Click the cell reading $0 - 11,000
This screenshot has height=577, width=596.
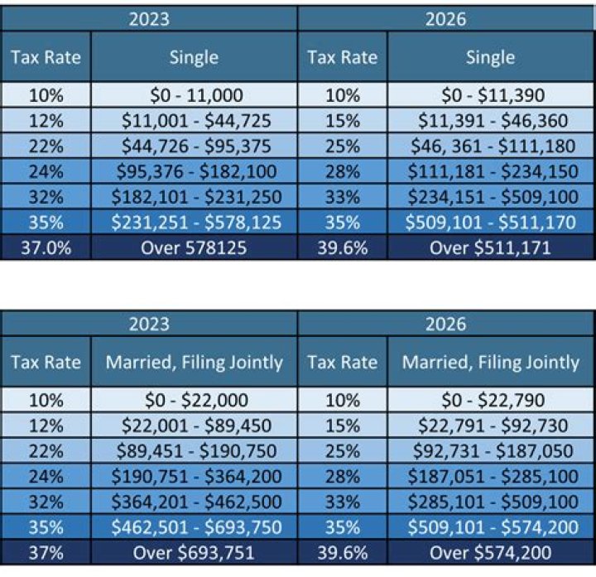(x=195, y=95)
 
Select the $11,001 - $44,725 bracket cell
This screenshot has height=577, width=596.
(x=195, y=121)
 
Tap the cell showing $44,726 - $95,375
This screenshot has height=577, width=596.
(x=195, y=147)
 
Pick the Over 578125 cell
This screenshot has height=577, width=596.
(x=195, y=248)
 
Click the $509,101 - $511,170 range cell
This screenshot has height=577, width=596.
(x=490, y=223)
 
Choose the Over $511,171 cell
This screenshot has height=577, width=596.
(x=490, y=248)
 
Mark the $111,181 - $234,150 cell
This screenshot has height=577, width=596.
(x=490, y=171)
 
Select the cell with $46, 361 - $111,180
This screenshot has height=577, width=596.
(x=490, y=147)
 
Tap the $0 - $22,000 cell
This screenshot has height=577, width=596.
(x=195, y=400)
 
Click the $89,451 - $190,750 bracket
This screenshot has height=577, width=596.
(x=195, y=451)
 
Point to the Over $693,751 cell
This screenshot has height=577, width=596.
(x=195, y=552)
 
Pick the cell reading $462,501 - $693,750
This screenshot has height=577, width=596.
(x=195, y=527)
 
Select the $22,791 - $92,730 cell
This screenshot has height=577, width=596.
(x=490, y=426)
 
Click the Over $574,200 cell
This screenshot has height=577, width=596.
(x=490, y=552)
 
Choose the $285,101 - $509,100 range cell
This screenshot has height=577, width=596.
(x=490, y=502)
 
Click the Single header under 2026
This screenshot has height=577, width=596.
(x=490, y=57)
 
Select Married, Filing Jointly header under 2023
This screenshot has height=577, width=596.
(x=195, y=362)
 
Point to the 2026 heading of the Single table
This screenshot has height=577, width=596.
(x=445, y=18)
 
